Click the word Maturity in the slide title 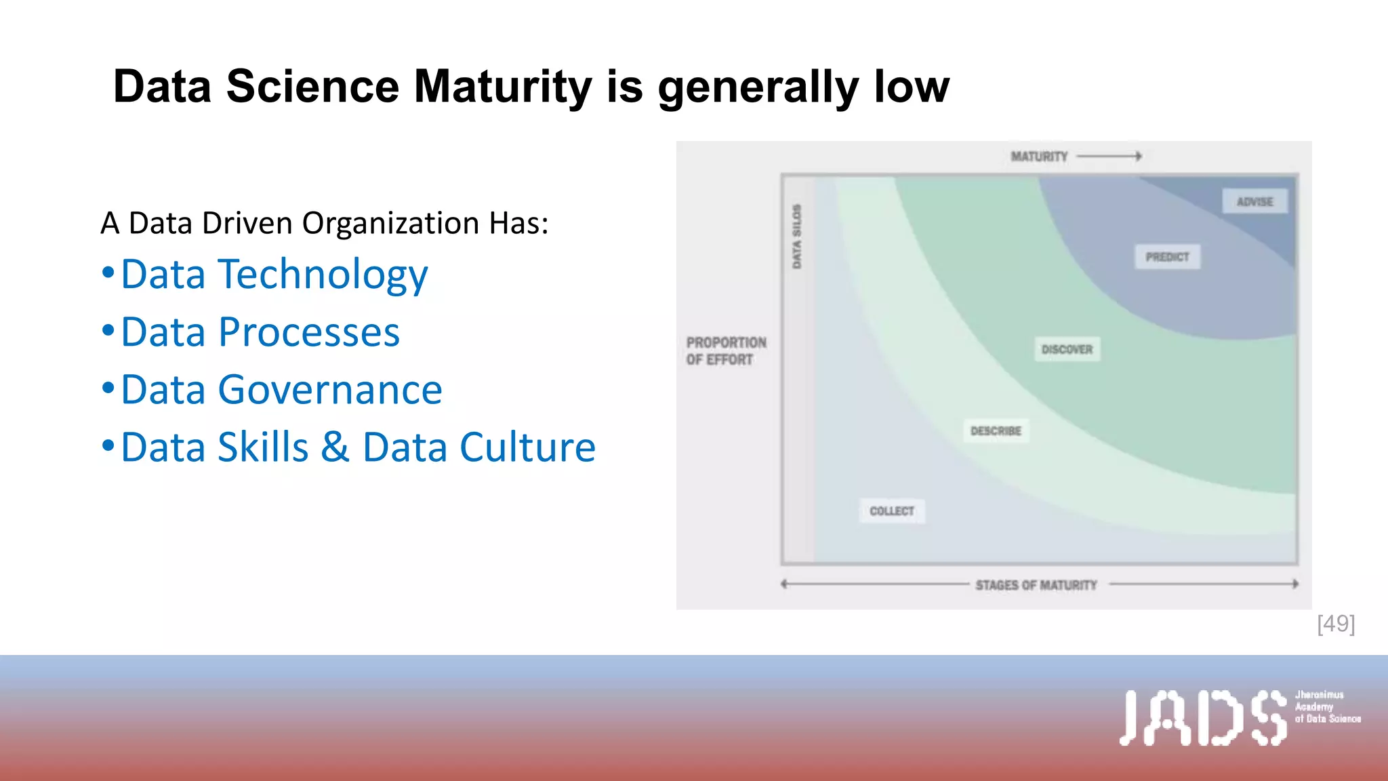(502, 87)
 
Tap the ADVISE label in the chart (1254, 201)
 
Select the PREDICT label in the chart (1167, 257)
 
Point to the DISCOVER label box (1067, 349)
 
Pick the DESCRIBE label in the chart (996, 430)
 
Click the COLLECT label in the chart (892, 510)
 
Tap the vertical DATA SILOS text (797, 236)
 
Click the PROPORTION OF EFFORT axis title (726, 351)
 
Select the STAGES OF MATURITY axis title (1036, 584)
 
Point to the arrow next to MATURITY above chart (1109, 157)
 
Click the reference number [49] (1336, 624)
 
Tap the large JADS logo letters (1202, 718)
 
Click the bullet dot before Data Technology (108, 273)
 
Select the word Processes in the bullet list (309, 332)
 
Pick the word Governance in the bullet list (330, 390)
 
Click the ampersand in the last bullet (335, 447)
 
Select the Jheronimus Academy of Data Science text (1327, 706)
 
